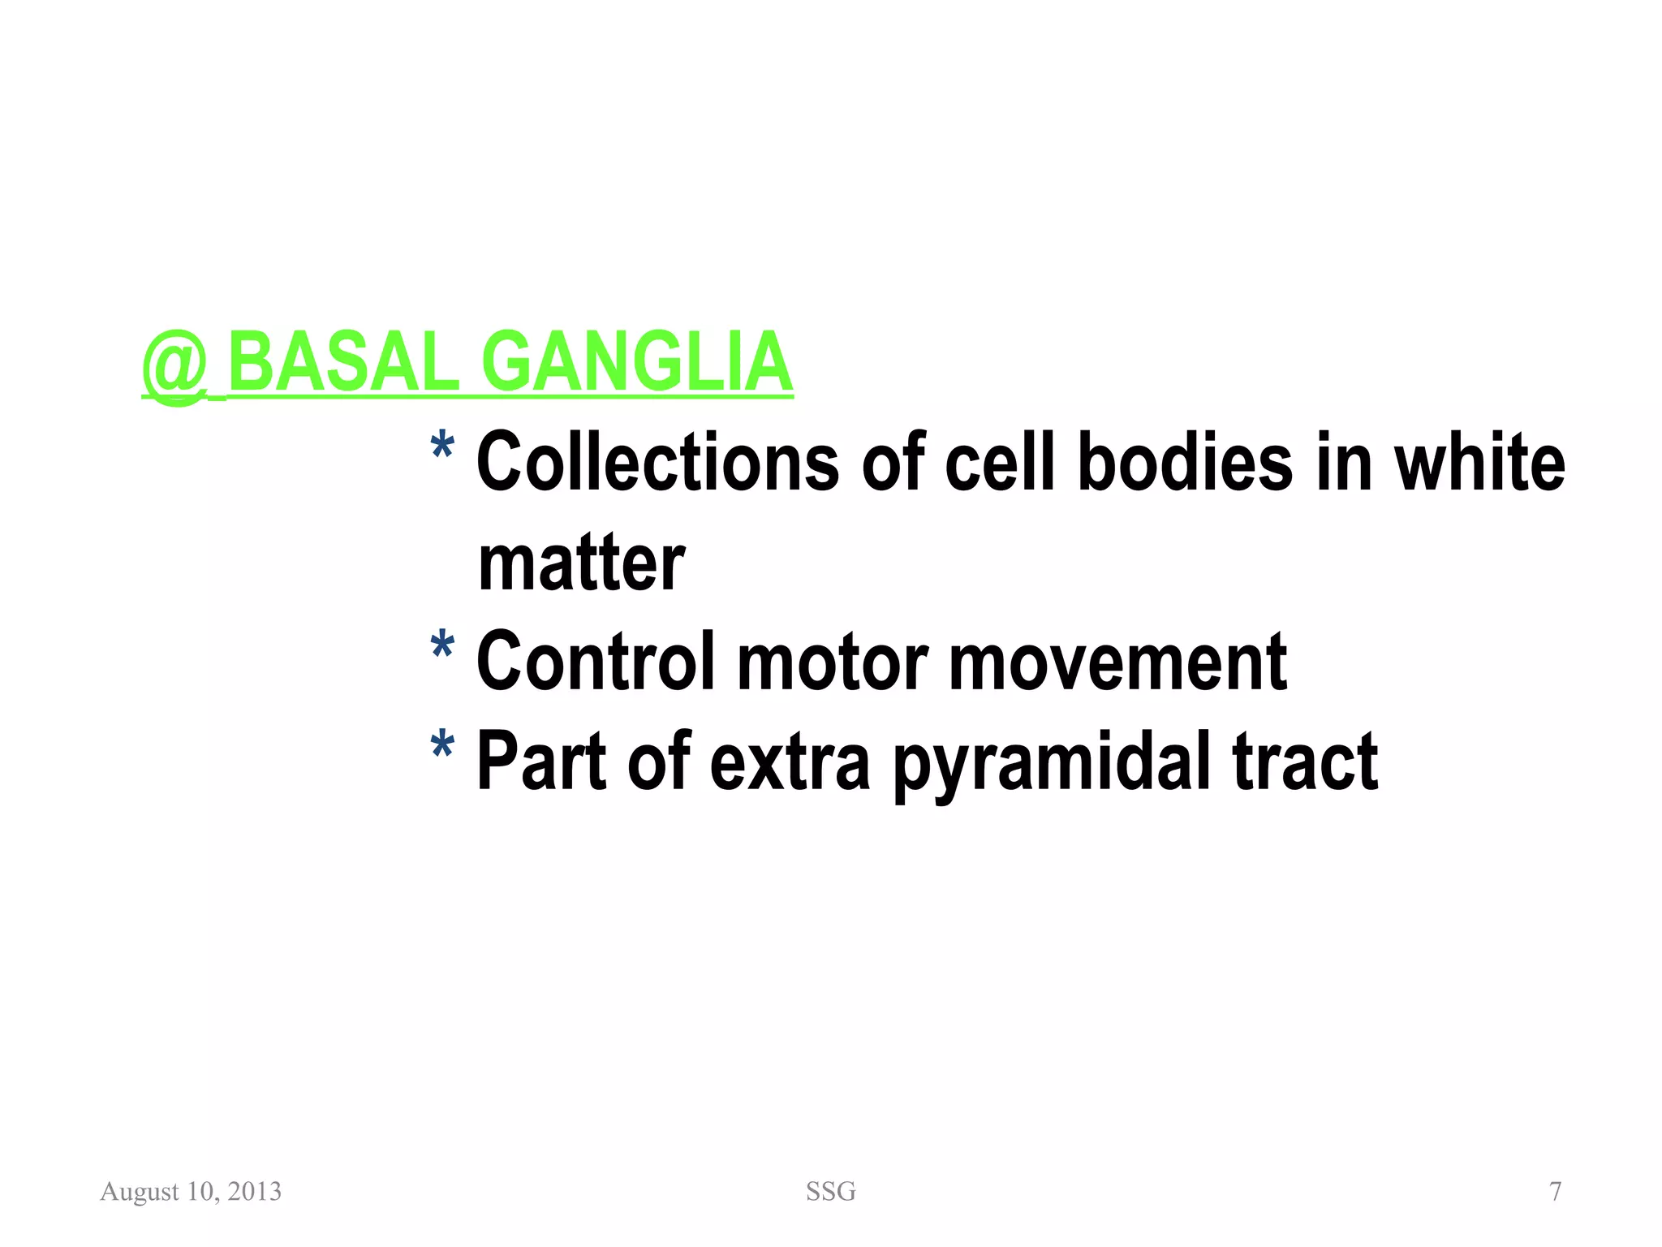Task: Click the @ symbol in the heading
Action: (x=174, y=365)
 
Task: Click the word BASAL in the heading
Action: (x=344, y=362)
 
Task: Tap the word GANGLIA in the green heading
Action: (x=637, y=362)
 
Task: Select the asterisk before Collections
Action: (x=442, y=448)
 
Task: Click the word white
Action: (x=1479, y=463)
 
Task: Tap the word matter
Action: (x=581, y=564)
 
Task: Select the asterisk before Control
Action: (x=442, y=648)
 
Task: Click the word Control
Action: (x=596, y=662)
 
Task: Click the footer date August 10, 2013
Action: (x=191, y=1192)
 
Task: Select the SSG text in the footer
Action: (x=830, y=1192)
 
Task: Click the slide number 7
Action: (x=1555, y=1192)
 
